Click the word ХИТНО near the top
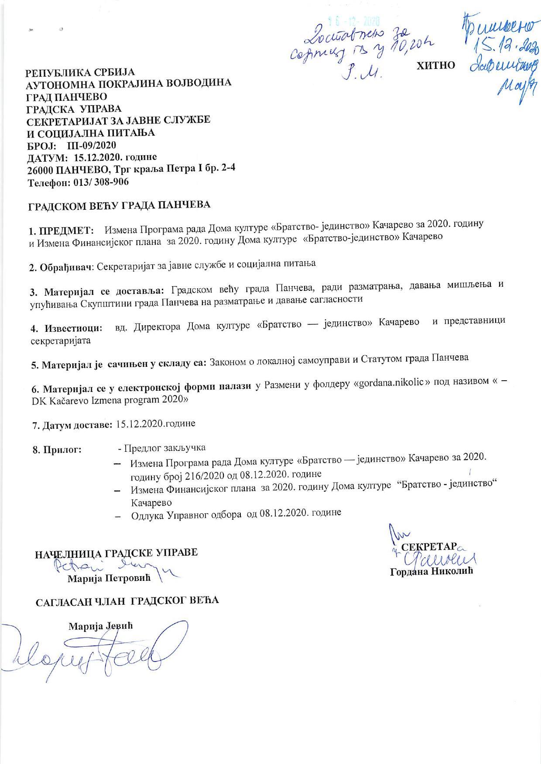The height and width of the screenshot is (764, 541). click(x=436, y=66)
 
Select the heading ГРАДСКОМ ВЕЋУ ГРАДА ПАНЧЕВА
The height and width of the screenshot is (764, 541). click(x=119, y=205)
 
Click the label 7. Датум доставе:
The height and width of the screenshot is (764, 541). click(x=72, y=425)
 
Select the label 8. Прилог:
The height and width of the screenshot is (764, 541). click(x=57, y=450)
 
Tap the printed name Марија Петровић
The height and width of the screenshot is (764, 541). click(x=109, y=578)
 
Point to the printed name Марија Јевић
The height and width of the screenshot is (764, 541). click(x=100, y=627)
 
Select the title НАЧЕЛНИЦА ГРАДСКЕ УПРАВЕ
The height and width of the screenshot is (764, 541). click(x=116, y=553)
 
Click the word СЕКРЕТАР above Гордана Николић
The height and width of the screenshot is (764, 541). click(x=428, y=547)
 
